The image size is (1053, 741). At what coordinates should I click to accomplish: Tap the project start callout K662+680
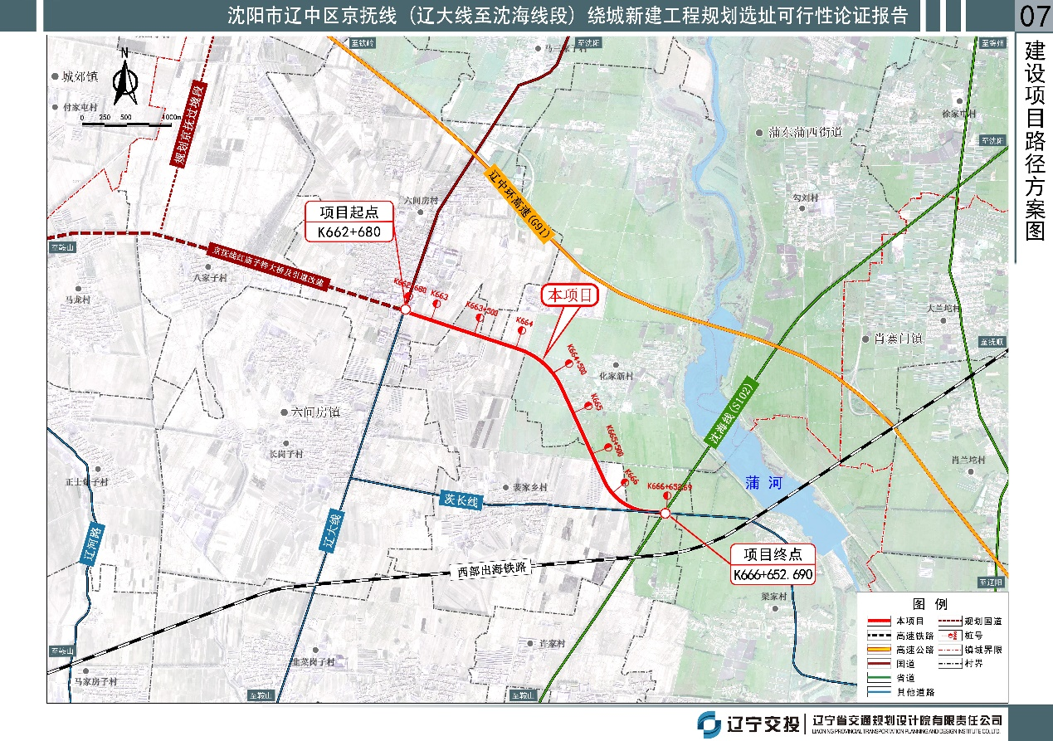tap(349, 222)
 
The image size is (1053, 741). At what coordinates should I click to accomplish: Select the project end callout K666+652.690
tap(773, 564)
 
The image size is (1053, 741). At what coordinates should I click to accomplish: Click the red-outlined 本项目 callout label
tap(569, 295)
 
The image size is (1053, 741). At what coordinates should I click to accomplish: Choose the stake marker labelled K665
tap(588, 406)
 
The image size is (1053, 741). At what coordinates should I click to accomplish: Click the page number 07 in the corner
tap(1034, 16)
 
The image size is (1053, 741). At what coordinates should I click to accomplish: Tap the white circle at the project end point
tap(665, 514)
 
